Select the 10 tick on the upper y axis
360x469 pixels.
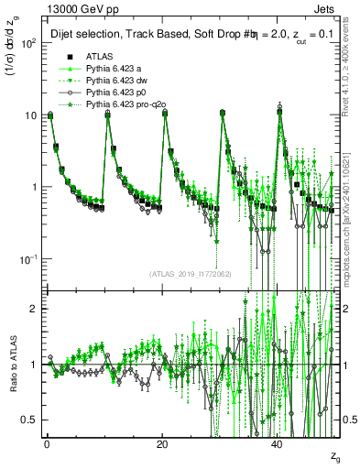coord(27,115)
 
